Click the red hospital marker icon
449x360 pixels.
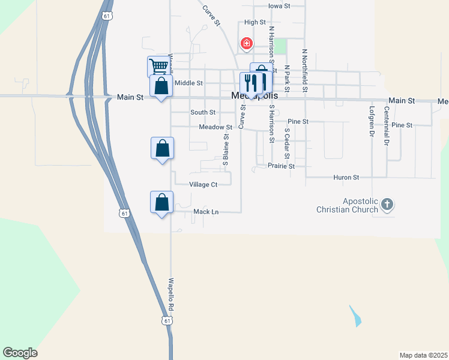(x=246, y=43)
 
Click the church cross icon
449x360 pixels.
(x=387, y=205)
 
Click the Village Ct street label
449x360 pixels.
(x=203, y=185)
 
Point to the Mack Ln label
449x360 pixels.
(x=205, y=212)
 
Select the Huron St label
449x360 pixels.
(x=346, y=178)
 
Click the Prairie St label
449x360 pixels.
(x=281, y=166)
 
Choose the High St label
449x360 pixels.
(x=255, y=22)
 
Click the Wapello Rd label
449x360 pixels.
(x=171, y=293)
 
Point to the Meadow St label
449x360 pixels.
(x=215, y=127)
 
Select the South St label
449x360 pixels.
(x=203, y=112)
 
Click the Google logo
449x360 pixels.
(x=20, y=353)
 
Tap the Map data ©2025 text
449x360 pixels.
(x=423, y=355)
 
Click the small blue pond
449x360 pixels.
(x=355, y=316)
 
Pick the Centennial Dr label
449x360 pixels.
(x=387, y=127)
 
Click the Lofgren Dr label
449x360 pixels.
(x=372, y=122)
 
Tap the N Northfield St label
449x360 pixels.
(x=305, y=71)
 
